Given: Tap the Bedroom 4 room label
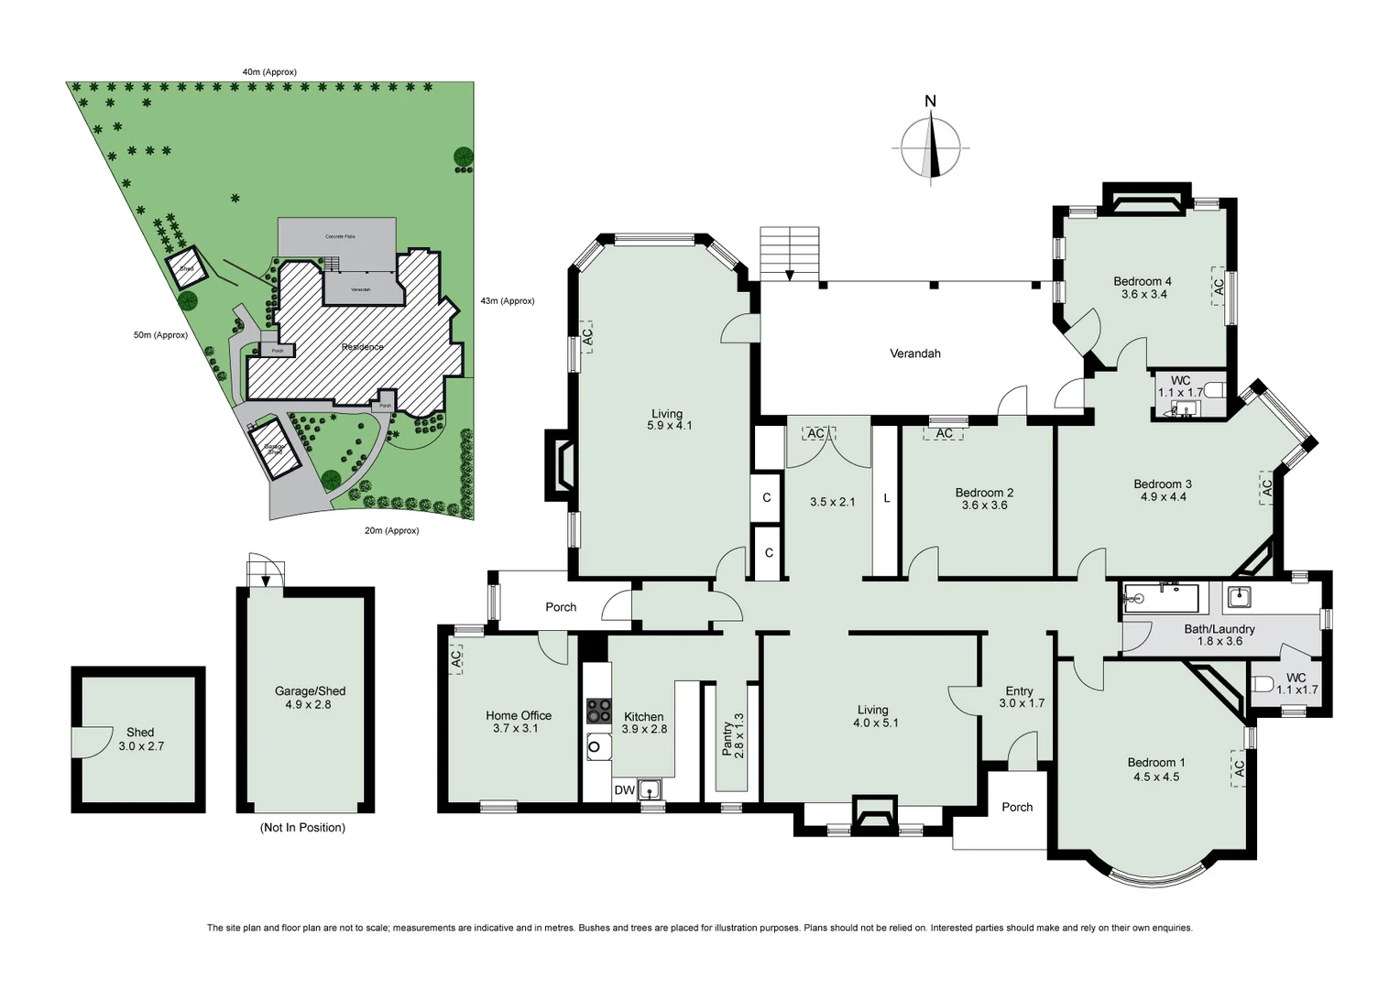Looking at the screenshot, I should coord(1143,281).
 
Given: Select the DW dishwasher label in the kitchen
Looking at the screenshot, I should coord(624,790).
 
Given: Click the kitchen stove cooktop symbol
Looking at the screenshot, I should coord(599,711).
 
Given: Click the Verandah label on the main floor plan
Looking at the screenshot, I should coord(914,353).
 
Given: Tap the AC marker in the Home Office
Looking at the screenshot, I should coord(456,658).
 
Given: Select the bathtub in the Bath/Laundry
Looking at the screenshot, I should coord(1160,599).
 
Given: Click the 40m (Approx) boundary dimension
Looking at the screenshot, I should coord(268,71).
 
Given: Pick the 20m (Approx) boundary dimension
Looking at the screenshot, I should coord(391,530).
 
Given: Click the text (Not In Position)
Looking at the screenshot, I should coord(303,828).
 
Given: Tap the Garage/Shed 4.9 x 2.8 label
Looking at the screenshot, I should coord(310,698).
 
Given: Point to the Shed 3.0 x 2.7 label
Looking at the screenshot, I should coord(140,739).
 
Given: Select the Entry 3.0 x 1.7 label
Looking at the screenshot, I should coord(1020,697).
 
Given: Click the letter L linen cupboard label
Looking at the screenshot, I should coord(886,499).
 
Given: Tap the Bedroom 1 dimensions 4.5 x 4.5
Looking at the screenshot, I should coord(1156,777).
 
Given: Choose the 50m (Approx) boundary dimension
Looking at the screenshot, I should coord(160,335).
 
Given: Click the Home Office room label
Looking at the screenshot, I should coord(519,715).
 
